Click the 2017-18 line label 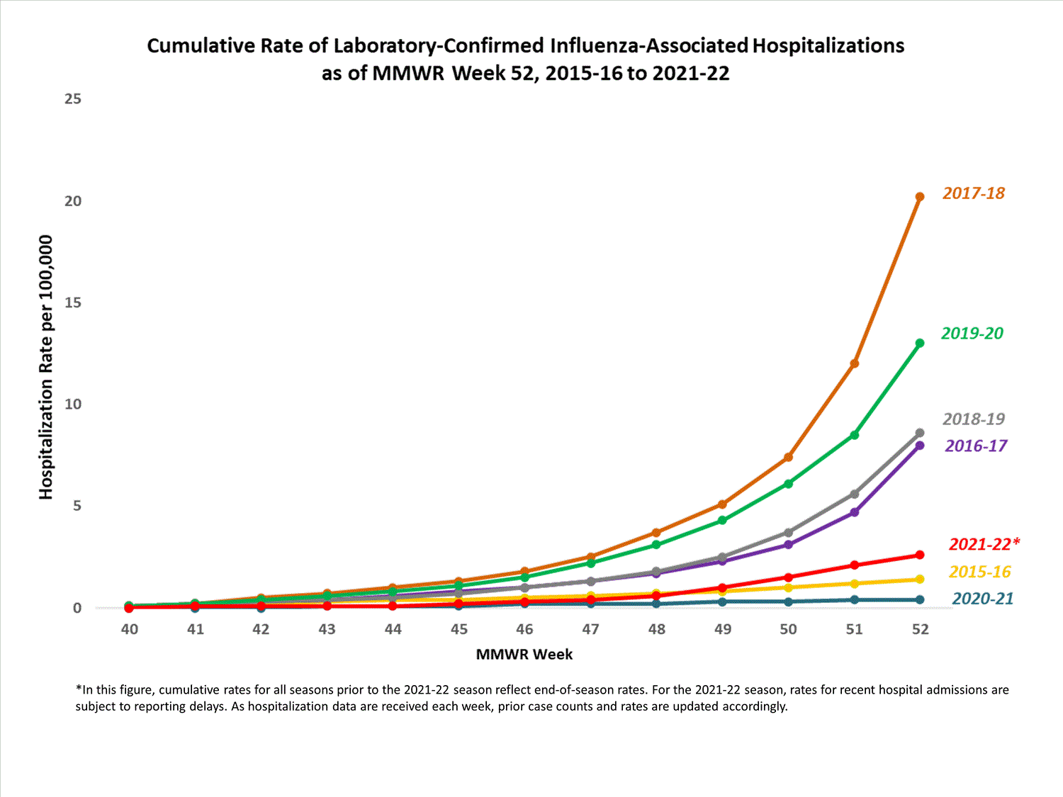(x=973, y=193)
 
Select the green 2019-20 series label (x=972, y=333)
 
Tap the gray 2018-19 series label (x=973, y=419)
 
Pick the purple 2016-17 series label (x=975, y=446)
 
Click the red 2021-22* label (x=984, y=544)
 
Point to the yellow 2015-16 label (x=979, y=572)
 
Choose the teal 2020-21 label (x=982, y=599)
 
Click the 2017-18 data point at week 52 (x=920, y=197)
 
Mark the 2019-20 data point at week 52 (x=920, y=343)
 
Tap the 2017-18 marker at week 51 (x=855, y=363)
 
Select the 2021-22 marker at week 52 (x=920, y=555)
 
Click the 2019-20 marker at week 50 (x=788, y=484)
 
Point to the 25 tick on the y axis (x=73, y=99)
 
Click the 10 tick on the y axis (x=73, y=405)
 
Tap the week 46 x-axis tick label (x=524, y=629)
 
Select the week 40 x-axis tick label (x=129, y=629)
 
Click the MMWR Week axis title (x=524, y=655)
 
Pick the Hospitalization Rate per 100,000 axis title (x=46, y=367)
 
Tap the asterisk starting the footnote (x=79, y=689)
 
